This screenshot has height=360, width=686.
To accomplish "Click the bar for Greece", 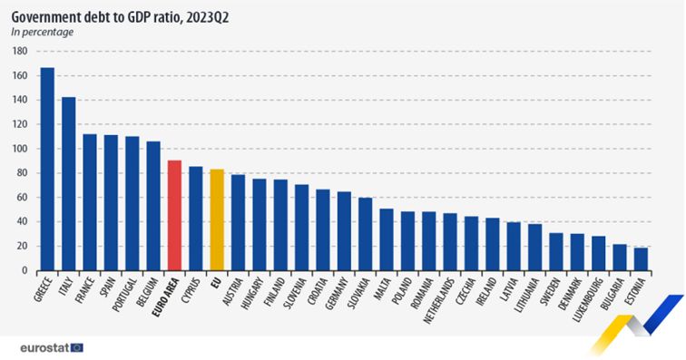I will coord(47,169).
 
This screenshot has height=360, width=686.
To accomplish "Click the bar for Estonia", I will coord(641,258).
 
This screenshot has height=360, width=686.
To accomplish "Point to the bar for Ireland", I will coord(492,244).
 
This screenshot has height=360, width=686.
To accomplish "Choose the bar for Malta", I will coord(387,239).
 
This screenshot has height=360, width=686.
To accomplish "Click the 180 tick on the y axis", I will coord(19,51).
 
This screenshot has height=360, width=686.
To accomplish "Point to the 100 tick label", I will coord(19,149).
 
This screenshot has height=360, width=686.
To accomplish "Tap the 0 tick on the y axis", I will coord(24,270).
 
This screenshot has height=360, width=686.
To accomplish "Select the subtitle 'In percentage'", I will coord(43,32).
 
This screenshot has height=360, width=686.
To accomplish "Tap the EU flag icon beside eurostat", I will coord(76,346).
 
